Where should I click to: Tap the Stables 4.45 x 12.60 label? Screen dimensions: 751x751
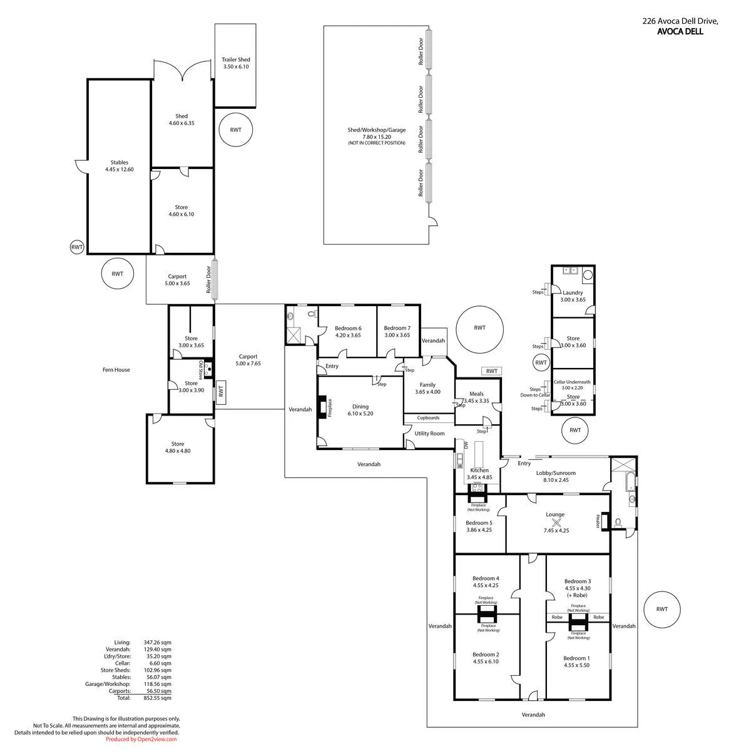coord(120,166)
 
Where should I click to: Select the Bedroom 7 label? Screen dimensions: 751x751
coord(397,328)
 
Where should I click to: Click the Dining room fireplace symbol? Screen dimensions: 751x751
coord(322,407)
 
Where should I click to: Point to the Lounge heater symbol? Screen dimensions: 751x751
coord(605,521)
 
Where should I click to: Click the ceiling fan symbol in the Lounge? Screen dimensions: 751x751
coord(556,523)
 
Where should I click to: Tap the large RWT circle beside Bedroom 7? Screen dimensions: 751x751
coord(479,329)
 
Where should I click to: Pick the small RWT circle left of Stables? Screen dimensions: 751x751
coord(77,247)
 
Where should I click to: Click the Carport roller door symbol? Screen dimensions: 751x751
coord(215,279)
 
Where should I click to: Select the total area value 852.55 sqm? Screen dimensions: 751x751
coord(157,698)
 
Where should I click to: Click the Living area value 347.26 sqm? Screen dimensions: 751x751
coord(157,642)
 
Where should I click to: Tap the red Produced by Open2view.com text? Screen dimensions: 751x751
coord(141,739)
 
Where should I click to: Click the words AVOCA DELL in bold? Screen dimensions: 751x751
coord(680,31)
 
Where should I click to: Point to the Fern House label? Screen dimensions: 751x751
coord(116,369)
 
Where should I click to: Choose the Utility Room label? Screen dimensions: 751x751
coord(429,433)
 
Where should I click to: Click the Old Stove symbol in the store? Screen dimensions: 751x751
coord(209,369)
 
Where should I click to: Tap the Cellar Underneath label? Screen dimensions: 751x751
coord(572,382)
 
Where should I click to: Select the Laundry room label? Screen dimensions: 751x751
coord(573,293)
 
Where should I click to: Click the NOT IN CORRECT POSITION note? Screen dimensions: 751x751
coord(377,143)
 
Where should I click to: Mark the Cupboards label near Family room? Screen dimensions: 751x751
coord(428,418)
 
